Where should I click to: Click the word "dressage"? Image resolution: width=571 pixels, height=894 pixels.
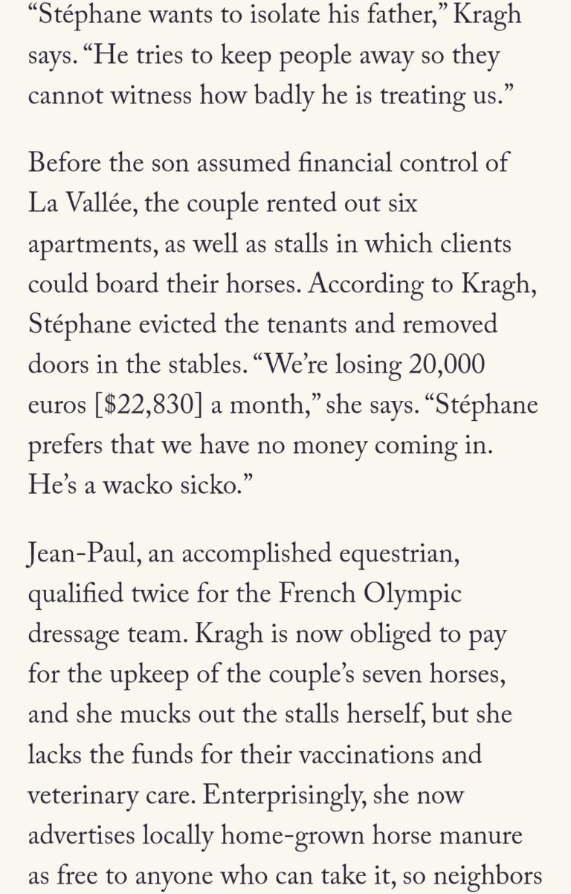[80, 636]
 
